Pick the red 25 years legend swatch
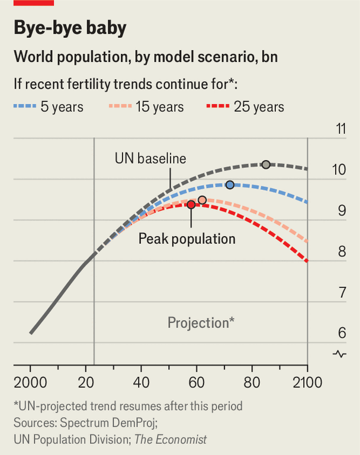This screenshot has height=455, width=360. pyautogui.click(x=217, y=107)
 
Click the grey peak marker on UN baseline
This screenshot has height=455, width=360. pyautogui.click(x=266, y=164)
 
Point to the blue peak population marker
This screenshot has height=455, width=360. pyautogui.click(x=230, y=185)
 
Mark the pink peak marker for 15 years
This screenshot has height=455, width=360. pyautogui.click(x=202, y=200)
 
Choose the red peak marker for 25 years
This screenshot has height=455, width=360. pyautogui.click(x=191, y=205)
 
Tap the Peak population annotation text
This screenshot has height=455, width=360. pyautogui.click(x=187, y=238)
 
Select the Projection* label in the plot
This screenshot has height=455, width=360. pyautogui.click(x=201, y=323)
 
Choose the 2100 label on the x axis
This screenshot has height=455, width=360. pyautogui.click(x=307, y=382)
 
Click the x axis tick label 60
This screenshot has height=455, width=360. pyautogui.click(x=197, y=382)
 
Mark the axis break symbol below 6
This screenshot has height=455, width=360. pyautogui.click(x=340, y=354)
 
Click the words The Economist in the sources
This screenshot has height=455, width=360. pyautogui.click(x=171, y=440)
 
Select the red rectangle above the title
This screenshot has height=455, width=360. pyautogui.click(x=33, y=3)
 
